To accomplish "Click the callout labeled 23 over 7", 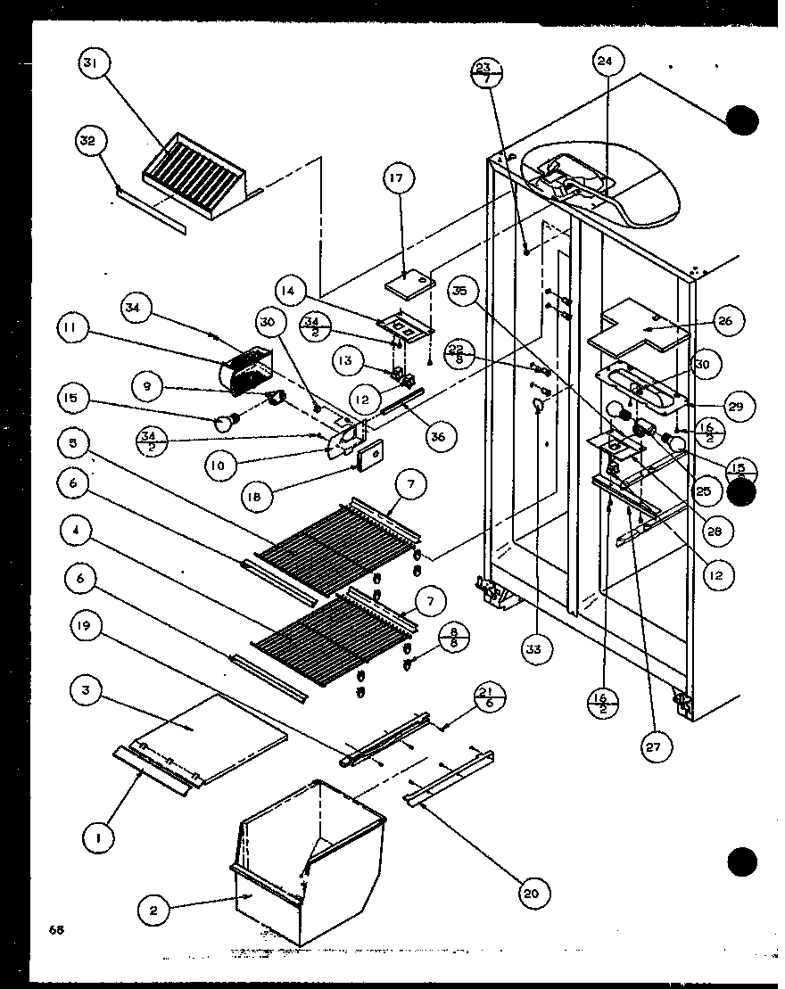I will click(x=484, y=72).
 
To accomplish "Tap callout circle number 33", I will click(x=533, y=649).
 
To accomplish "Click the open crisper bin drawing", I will click(x=303, y=856).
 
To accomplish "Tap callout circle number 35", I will click(x=465, y=291).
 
